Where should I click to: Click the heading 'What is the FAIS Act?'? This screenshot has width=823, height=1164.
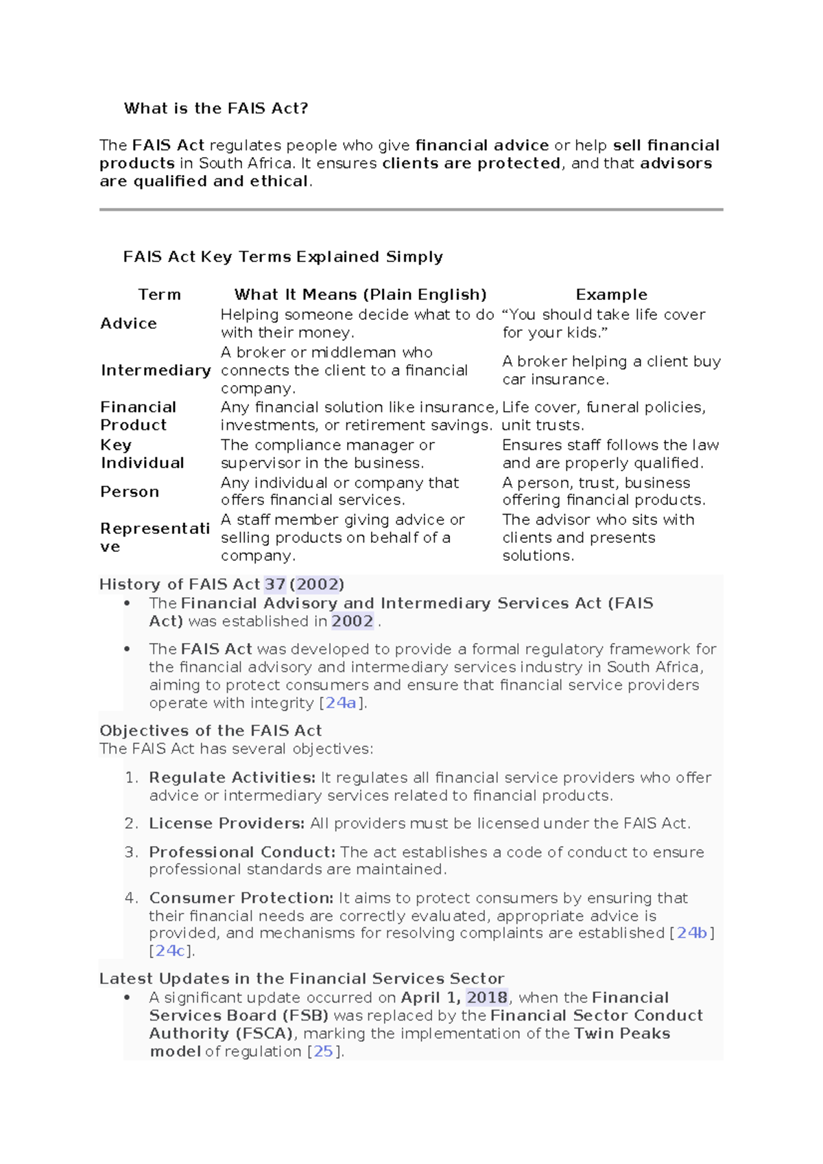(216, 108)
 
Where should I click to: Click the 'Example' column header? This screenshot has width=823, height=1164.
(611, 294)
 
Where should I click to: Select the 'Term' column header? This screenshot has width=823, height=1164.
(159, 294)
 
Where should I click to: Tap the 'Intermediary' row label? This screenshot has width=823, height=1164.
(156, 371)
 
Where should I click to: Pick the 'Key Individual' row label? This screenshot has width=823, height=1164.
(142, 454)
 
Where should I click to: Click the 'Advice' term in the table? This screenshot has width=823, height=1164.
(128, 323)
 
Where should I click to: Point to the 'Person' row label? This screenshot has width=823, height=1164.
(130, 491)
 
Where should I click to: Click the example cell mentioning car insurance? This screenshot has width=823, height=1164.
(610, 371)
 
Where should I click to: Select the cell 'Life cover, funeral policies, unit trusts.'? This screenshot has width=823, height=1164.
(604, 416)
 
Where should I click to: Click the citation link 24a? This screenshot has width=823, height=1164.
(341, 703)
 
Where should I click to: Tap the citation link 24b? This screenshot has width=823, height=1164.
(692, 933)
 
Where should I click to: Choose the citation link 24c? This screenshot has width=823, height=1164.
(170, 951)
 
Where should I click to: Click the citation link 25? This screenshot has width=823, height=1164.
(323, 1051)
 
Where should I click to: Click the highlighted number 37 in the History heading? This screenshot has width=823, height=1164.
(275, 584)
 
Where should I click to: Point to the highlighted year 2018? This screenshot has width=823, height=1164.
(487, 997)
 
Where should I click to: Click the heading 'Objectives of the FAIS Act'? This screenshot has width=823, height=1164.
(211, 730)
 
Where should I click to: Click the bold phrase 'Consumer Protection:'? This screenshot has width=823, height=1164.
(241, 898)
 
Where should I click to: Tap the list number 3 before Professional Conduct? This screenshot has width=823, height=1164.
(131, 852)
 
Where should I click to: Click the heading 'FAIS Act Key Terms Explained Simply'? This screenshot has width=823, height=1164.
(283, 257)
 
